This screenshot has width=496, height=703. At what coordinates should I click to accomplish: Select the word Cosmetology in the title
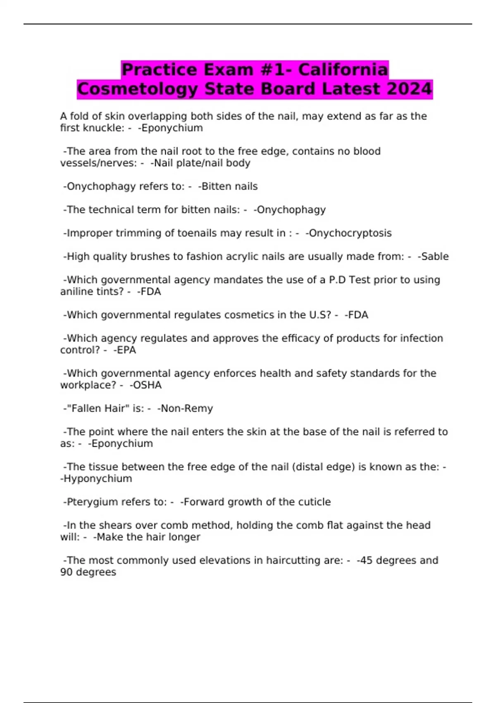click(138, 89)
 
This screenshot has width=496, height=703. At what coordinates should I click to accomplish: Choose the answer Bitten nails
click(228, 187)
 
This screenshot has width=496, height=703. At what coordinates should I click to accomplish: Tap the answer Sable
click(433, 256)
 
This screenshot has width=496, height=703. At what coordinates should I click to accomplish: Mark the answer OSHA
click(145, 385)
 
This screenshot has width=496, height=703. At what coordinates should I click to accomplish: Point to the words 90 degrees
click(88, 572)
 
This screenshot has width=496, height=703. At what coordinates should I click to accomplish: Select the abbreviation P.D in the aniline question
click(337, 280)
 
